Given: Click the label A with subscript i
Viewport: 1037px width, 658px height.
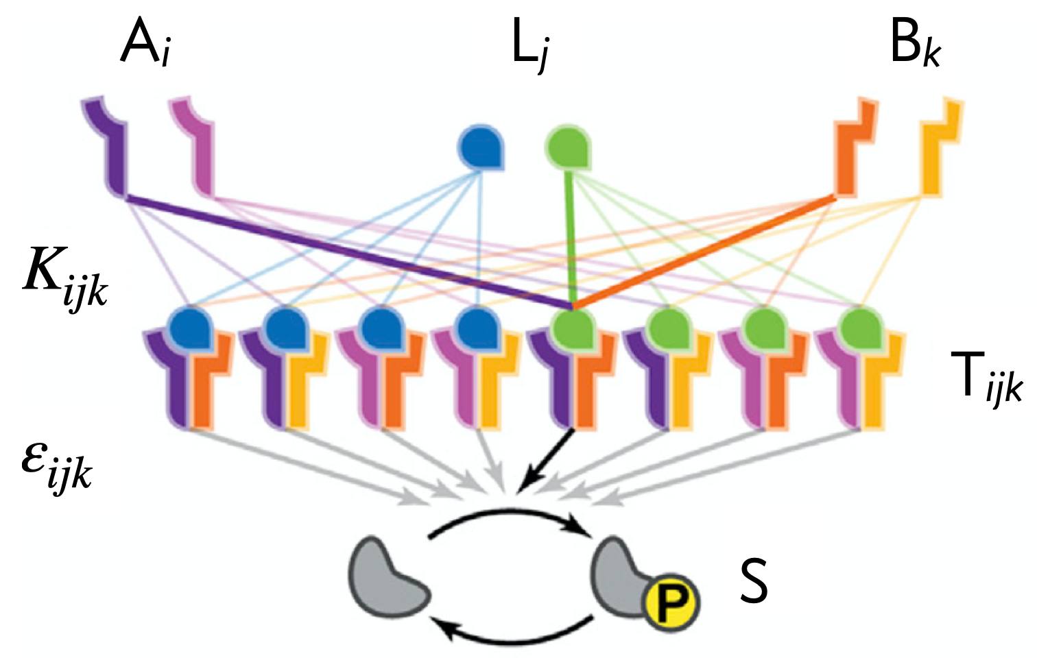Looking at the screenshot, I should [145, 45].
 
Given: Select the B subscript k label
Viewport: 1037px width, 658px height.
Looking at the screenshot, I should [915, 45].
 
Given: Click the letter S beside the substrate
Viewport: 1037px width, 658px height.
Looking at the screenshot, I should [753, 581].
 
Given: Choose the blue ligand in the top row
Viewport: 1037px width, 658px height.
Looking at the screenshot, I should [481, 147].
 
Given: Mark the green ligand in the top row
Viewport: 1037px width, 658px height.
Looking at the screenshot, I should [568, 147].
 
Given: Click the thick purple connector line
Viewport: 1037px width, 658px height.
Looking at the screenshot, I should [343, 250].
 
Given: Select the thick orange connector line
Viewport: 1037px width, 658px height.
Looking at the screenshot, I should [706, 250].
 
